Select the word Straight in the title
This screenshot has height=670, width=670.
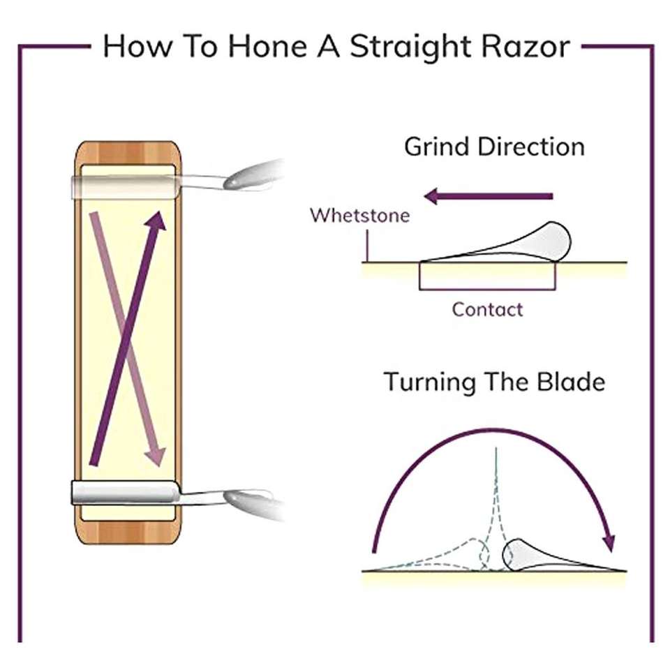[x=405, y=47]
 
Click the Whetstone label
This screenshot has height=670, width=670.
[x=359, y=214]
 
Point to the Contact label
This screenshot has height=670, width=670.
[x=487, y=308]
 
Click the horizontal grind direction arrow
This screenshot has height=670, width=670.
[x=489, y=197]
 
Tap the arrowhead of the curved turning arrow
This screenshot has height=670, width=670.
[x=609, y=541]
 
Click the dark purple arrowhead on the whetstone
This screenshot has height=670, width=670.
[x=158, y=220]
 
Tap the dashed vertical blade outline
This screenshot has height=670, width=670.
[x=496, y=502]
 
